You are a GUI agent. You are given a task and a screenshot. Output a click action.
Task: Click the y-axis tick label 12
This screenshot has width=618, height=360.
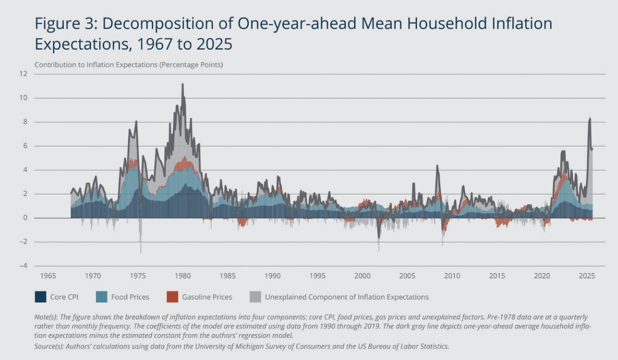click(x=23, y=74)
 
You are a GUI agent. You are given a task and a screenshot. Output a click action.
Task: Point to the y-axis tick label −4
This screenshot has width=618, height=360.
click(x=23, y=265)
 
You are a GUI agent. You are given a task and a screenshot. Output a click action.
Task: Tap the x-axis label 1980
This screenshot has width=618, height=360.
click(x=183, y=276)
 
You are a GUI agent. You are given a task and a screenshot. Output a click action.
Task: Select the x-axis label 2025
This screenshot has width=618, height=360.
click(x=587, y=276)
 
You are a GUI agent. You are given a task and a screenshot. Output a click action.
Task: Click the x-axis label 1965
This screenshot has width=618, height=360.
click(x=48, y=276)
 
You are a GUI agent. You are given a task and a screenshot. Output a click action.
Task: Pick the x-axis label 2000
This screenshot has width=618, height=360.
click(x=362, y=276)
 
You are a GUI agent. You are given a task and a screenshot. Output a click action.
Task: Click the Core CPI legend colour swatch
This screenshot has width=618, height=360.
click(x=40, y=297)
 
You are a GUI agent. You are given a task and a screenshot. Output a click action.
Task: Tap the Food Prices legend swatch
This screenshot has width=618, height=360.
click(x=102, y=297)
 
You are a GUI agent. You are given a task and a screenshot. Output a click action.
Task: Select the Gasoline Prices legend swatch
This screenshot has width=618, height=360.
click(x=172, y=297)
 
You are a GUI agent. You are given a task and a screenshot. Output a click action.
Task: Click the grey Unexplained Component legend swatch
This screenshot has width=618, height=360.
click(x=255, y=297)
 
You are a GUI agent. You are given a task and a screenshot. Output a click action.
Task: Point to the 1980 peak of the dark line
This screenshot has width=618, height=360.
click(x=183, y=84)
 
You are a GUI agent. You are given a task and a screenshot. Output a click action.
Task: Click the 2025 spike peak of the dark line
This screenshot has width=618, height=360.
click(x=590, y=118)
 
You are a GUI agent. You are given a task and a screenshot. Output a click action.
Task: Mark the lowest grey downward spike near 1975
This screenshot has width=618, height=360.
click(x=141, y=252)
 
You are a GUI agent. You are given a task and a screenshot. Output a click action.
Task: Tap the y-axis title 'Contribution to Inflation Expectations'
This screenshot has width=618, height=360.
click(x=96, y=65)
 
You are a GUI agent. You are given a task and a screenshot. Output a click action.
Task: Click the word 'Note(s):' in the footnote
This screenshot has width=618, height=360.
click(x=46, y=317)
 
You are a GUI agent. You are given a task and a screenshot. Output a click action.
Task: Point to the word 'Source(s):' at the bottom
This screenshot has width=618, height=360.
click(x=49, y=346)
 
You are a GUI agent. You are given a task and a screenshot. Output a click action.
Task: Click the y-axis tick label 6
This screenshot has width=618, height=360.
click(x=25, y=146)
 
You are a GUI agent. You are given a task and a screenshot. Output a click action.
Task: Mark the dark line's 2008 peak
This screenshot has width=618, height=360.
click(x=437, y=166)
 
